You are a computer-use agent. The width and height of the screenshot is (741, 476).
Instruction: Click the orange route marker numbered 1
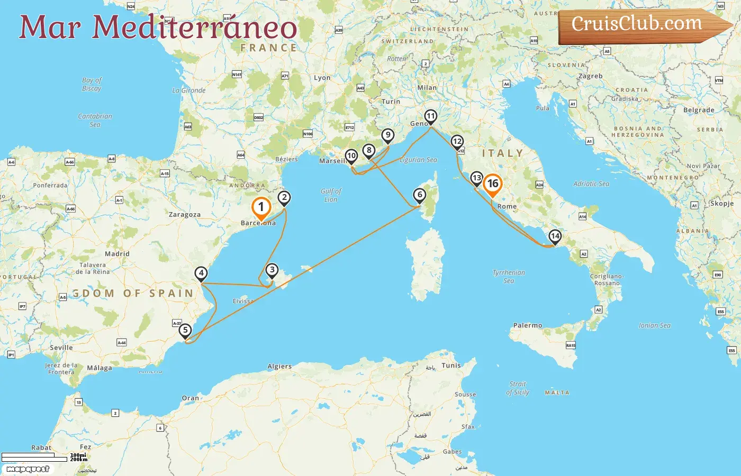coord(261,208)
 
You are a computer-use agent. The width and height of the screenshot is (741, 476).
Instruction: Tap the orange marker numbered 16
coord(493,184)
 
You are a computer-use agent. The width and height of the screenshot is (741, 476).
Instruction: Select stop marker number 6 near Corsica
coord(420,195)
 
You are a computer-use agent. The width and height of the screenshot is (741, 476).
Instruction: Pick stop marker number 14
coord(555,236)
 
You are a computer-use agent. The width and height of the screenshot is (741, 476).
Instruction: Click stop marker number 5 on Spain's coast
coord(185,331)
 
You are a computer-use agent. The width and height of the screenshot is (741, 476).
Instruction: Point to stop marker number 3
coord(272,270)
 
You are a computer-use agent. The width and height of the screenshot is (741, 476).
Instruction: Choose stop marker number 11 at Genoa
coord(431,116)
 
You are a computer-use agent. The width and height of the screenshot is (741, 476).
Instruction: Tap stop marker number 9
coord(388,135)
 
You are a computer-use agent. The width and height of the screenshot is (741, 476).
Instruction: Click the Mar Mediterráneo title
coord(158,27)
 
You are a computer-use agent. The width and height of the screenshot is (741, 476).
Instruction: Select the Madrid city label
coord(117,254)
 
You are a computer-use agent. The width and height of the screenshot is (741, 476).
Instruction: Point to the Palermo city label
coord(528,325)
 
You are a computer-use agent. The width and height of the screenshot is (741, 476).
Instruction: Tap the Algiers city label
coord(279,366)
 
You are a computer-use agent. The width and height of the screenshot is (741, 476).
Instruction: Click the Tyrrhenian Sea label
coord(509,277)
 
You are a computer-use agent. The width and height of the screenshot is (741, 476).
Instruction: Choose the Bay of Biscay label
coord(92,84)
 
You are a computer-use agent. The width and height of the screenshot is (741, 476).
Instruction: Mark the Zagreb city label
coord(590,76)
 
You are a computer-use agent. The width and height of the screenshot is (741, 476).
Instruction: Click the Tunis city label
coord(451,365)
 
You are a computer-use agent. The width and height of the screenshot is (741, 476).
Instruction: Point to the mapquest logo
coord(28,469)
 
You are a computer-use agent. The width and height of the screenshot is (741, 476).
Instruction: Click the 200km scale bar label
coord(78,459)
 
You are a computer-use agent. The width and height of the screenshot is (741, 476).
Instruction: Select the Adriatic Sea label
coord(591,184)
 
